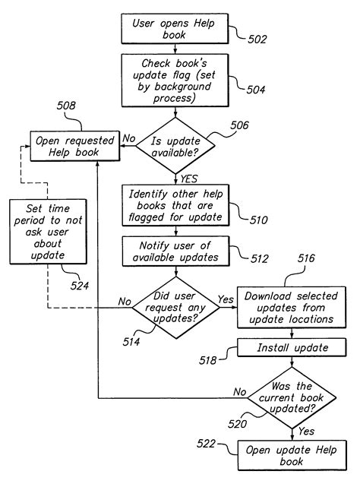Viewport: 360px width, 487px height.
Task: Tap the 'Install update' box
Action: [x=282, y=348]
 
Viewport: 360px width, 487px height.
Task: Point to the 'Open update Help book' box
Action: [x=282, y=454]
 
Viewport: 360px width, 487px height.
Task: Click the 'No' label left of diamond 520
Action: [x=240, y=392]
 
